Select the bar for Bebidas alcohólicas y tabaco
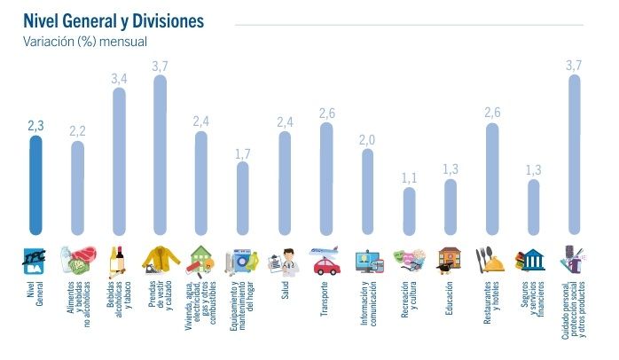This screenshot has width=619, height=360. click(x=119, y=160)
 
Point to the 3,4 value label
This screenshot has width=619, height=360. click(x=119, y=79)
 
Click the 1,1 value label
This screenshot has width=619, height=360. click(x=409, y=177)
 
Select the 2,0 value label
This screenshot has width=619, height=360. click(x=368, y=139)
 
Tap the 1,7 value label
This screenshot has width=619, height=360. click(x=243, y=154)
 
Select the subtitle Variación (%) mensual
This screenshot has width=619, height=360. click(x=84, y=41)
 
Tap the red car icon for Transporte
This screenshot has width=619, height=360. click(x=326, y=264)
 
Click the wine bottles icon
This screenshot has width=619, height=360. click(x=117, y=258)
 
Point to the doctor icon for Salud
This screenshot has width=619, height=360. click(x=284, y=260)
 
